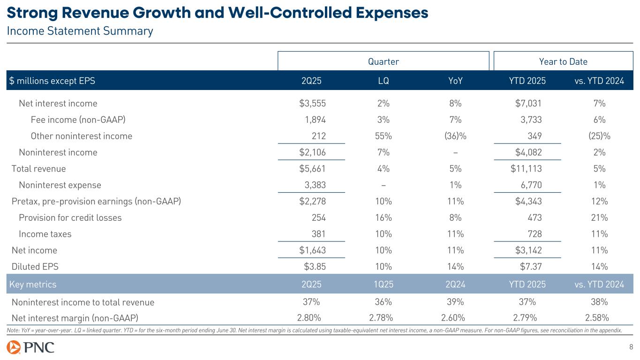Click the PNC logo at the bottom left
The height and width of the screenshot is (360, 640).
tap(30, 347)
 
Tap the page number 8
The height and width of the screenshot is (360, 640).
tap(631, 347)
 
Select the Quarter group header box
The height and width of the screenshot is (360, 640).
tap(383, 61)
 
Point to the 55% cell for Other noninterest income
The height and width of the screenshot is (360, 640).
tap(383, 136)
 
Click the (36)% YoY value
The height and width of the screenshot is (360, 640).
tap(455, 136)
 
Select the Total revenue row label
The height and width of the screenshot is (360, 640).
tap(38, 169)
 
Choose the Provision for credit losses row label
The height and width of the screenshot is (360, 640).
tap(70, 218)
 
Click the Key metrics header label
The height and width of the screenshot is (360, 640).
tap(33, 285)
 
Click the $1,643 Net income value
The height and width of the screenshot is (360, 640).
tap(312, 250)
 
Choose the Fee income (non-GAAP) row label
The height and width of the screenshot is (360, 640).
tap(78, 120)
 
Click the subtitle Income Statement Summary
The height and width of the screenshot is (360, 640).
tap(80, 31)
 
